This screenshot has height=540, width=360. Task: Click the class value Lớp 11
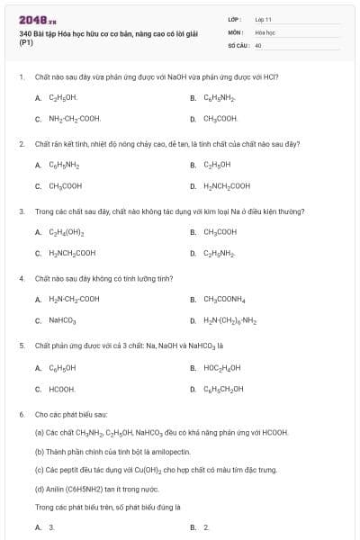click(264, 18)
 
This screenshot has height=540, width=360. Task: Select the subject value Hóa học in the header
click(265, 31)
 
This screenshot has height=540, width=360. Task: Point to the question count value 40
click(258, 44)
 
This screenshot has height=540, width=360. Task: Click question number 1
click(21, 77)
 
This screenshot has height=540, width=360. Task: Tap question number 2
click(21, 143)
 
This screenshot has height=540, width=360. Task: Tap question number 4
click(21, 279)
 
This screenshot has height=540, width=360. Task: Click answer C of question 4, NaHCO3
click(62, 320)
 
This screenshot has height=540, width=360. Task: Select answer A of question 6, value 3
click(51, 527)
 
